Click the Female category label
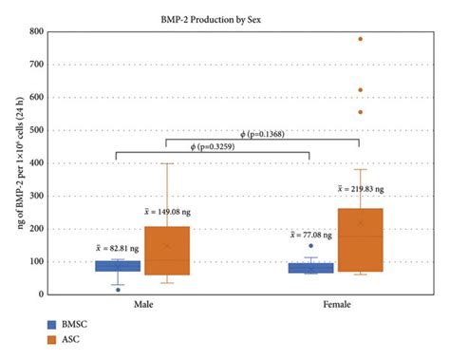point(335,305)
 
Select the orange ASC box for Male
point(166,250)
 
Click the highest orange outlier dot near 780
point(360,39)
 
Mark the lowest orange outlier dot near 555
point(360,112)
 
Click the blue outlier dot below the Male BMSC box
point(118,290)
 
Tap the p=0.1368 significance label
point(252,134)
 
